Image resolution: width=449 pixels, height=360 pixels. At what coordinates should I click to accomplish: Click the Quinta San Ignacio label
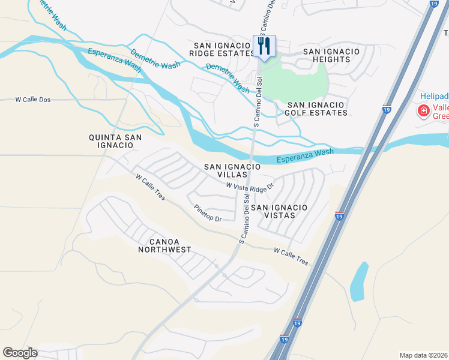(115, 142)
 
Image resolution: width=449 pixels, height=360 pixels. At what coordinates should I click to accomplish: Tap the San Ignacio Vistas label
(279, 211)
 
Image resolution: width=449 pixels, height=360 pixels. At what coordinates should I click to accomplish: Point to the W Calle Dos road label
(33, 99)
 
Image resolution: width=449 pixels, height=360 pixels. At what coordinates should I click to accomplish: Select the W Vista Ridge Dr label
(250, 187)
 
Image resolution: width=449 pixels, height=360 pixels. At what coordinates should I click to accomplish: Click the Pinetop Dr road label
(208, 214)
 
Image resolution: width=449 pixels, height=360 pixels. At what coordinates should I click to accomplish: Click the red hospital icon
(423, 110)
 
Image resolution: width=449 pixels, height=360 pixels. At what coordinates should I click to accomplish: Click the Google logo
(20, 353)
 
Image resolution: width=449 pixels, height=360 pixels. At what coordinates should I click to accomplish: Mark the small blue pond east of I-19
(359, 281)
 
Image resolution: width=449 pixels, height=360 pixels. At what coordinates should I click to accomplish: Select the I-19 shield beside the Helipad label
(387, 109)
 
